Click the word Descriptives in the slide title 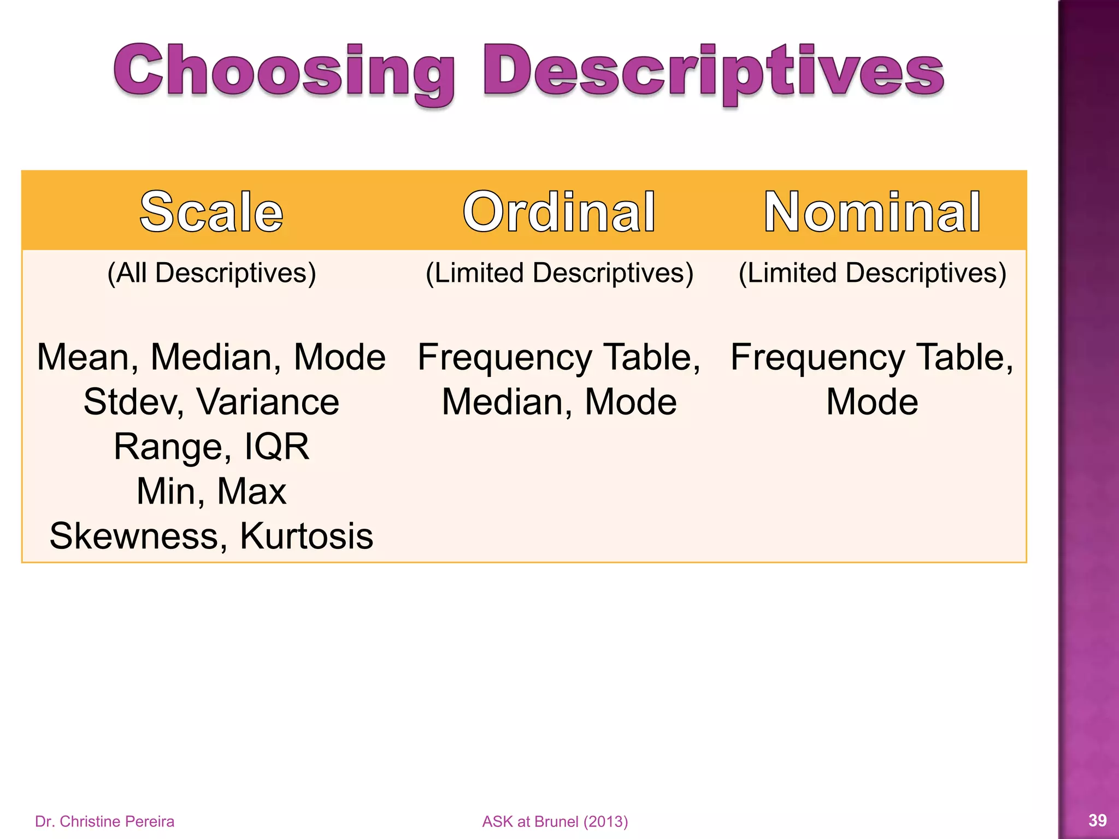(x=713, y=72)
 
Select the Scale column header (x=211, y=212)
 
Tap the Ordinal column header (x=559, y=212)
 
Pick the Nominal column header (x=872, y=212)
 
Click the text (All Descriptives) (x=211, y=273)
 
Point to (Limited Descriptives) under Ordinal (x=559, y=273)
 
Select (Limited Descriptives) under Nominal (x=872, y=273)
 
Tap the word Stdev (x=134, y=402)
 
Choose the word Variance (x=268, y=402)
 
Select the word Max (x=251, y=491)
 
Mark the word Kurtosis (x=307, y=536)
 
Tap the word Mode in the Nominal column (x=872, y=402)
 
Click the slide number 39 (x=1098, y=820)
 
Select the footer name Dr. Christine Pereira (x=104, y=822)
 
